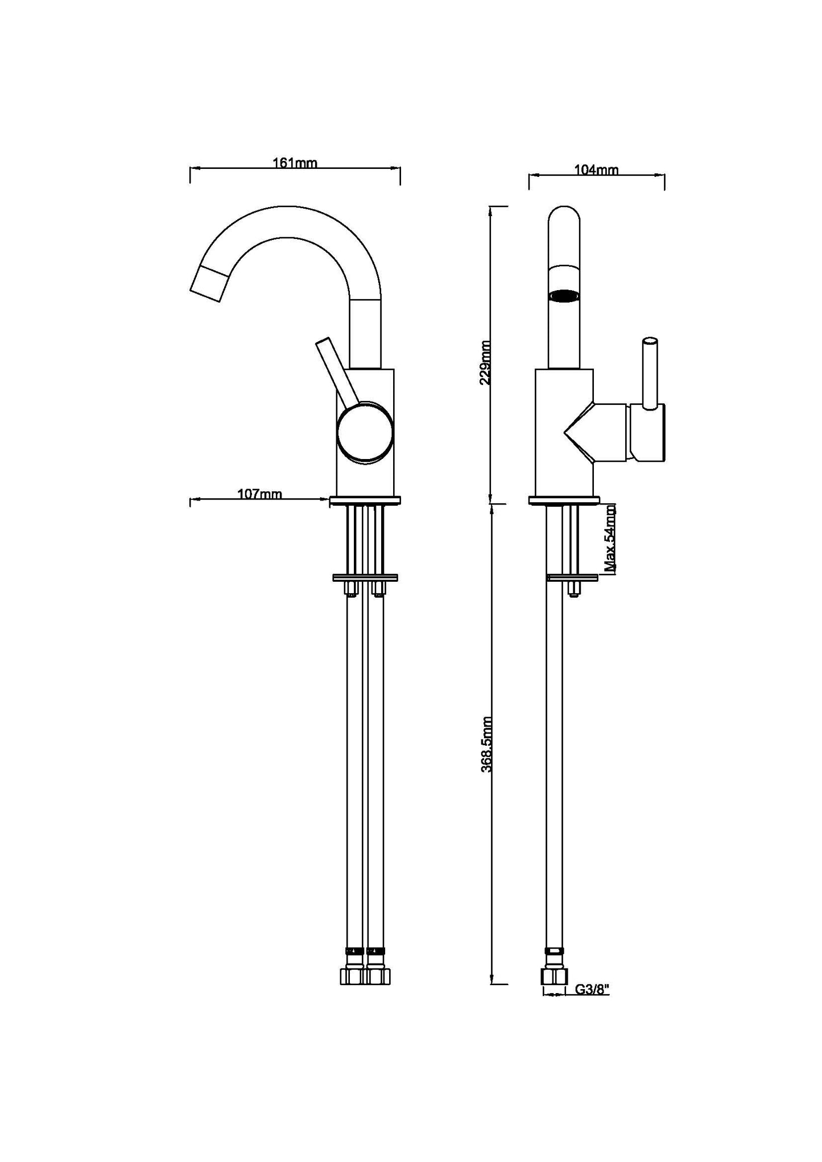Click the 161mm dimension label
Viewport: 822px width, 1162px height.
point(295,163)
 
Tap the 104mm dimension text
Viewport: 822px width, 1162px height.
point(596,169)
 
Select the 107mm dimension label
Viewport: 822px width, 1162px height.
point(259,493)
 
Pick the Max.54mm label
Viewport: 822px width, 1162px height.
point(610,538)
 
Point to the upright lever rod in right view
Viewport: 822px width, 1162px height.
point(650,372)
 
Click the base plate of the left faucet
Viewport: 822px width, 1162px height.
point(365,500)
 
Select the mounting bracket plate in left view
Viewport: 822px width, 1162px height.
point(365,578)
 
